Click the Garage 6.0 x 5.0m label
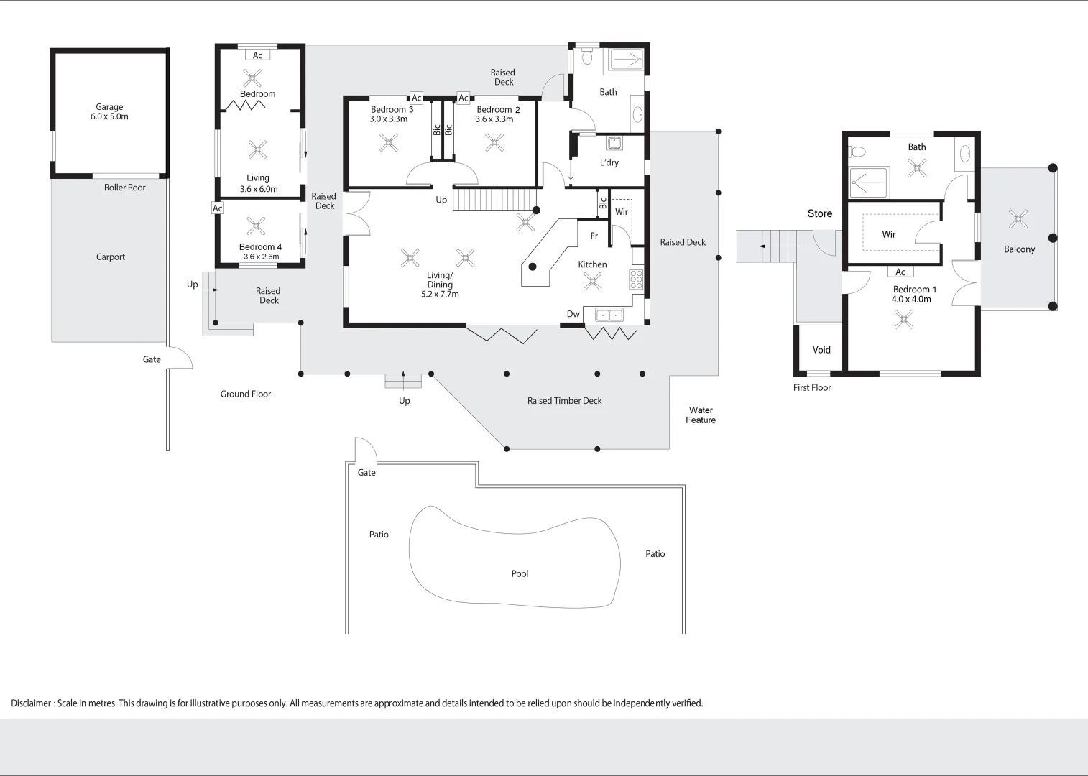point(109,111)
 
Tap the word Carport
point(110,257)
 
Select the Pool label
point(520,573)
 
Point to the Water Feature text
point(701,415)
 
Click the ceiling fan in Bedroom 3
point(389,143)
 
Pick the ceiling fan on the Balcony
point(1018,219)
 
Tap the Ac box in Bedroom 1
point(900,272)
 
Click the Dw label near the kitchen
point(573,314)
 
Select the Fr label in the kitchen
point(594,236)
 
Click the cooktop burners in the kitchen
point(636,280)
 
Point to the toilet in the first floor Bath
point(857,152)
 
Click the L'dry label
point(609,162)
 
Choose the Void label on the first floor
point(821,350)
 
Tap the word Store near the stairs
point(820,213)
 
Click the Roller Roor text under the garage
point(125,188)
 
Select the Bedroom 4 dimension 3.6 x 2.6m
point(262,257)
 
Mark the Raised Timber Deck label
point(564,401)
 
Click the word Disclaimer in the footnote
point(31,703)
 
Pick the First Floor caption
point(811,387)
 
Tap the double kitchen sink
point(609,315)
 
